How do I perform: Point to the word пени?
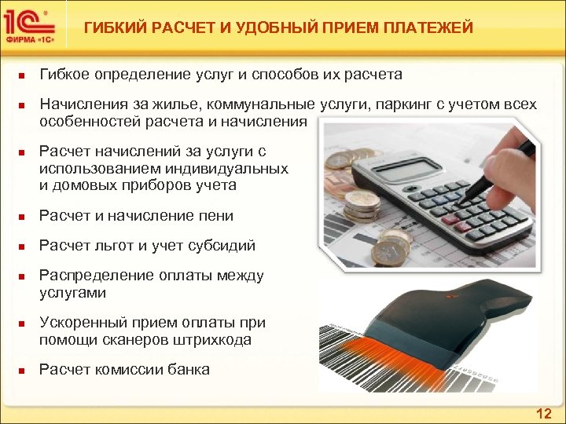(x=219, y=215)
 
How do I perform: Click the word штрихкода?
(x=215, y=340)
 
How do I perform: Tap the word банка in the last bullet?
(x=189, y=369)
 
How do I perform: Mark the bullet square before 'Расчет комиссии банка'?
(x=24, y=370)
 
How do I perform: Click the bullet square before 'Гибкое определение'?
(x=24, y=76)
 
